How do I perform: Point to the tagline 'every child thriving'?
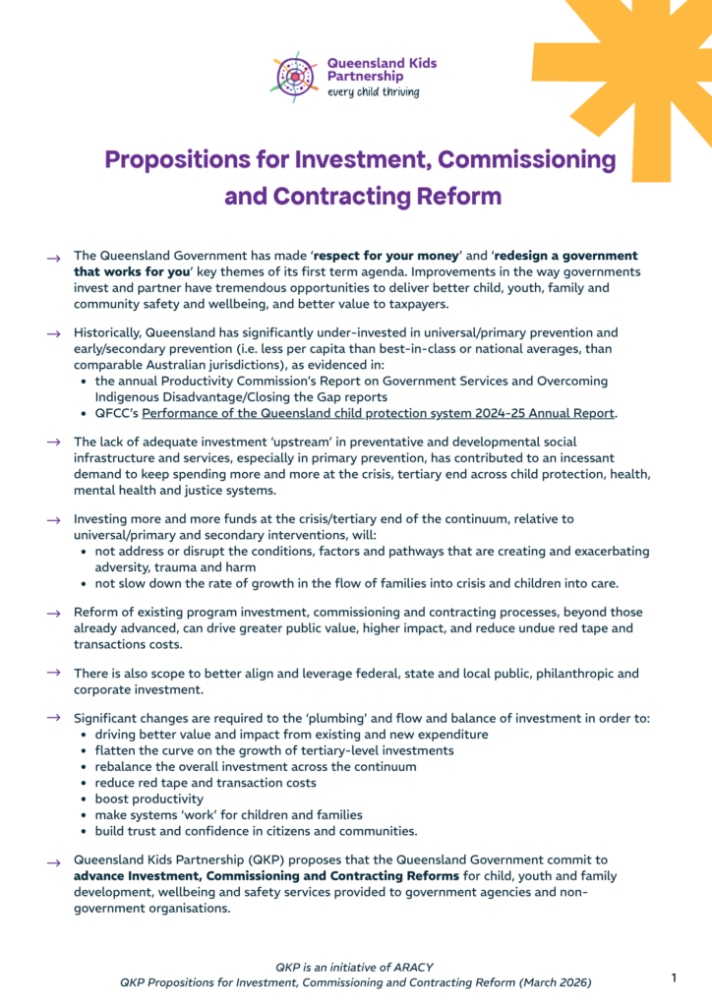click(x=373, y=91)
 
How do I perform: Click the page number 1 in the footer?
click(x=674, y=977)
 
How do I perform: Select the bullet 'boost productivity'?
click(x=149, y=799)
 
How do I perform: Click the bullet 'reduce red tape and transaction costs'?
click(x=206, y=783)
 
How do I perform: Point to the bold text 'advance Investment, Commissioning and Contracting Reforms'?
click(x=267, y=876)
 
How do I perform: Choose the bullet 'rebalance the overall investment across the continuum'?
click(x=256, y=766)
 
